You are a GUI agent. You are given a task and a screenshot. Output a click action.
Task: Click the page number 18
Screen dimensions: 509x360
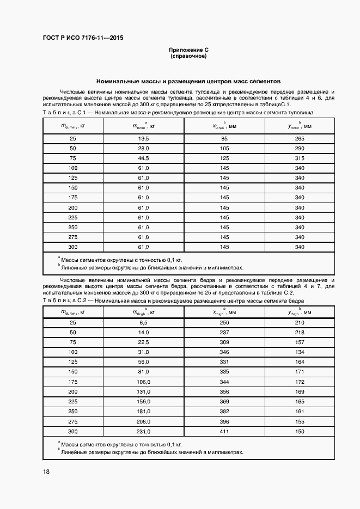46,471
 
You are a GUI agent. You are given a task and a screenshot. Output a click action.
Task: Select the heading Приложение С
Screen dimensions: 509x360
188,50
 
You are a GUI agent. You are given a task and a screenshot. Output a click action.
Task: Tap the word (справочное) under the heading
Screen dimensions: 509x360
188,56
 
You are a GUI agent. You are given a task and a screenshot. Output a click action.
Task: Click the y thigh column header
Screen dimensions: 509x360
299,312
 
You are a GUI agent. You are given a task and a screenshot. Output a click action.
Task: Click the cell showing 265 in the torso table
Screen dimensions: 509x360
299,139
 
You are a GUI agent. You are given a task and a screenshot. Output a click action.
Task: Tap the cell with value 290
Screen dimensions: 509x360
299,149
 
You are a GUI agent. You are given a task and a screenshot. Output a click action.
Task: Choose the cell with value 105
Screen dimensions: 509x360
224,149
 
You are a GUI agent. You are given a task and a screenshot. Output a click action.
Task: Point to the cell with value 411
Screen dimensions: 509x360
224,431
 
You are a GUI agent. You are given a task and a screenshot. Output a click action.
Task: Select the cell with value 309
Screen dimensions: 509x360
224,342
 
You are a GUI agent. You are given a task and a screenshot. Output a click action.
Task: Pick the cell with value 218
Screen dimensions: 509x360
299,333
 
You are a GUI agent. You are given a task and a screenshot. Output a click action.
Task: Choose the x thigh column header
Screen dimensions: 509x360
224,312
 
